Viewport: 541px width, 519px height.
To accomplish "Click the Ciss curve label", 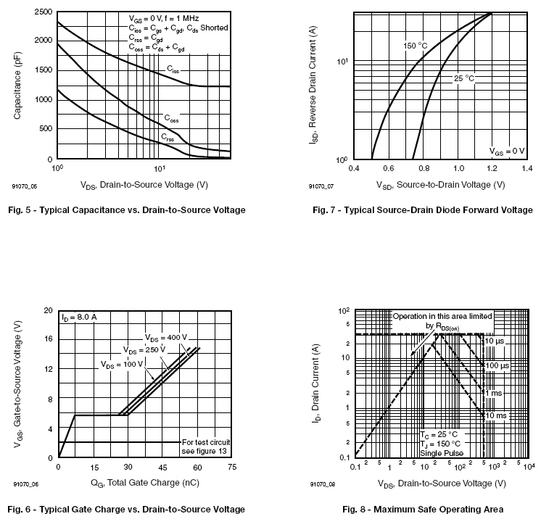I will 173,70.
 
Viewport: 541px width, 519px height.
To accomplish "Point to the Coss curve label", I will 171,118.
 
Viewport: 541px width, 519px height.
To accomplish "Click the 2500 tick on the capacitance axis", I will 43,12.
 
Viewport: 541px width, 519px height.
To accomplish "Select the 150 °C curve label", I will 415,46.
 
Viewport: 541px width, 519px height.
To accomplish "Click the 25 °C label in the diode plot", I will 463,77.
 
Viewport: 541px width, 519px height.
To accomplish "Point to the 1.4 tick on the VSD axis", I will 526,168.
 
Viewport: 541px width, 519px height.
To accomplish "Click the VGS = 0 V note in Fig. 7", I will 506,151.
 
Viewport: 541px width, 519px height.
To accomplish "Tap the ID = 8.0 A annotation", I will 79,317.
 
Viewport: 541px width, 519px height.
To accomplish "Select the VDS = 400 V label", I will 165,337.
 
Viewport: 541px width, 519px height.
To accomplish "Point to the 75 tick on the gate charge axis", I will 231,468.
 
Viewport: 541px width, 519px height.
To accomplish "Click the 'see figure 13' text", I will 206,451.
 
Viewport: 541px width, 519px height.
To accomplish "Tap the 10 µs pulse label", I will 495,341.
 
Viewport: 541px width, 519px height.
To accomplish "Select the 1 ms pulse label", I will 494,392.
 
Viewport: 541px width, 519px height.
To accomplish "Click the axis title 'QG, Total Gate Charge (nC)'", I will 144,483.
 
